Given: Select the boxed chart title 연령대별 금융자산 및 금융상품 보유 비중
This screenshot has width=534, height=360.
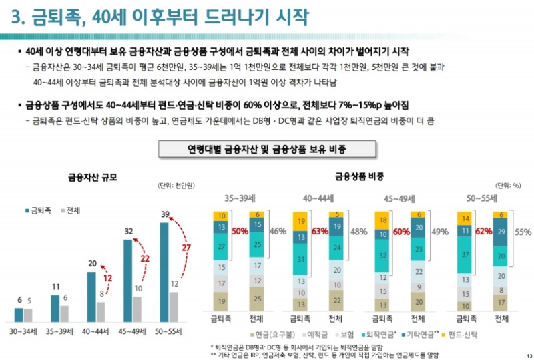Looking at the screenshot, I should [267, 148].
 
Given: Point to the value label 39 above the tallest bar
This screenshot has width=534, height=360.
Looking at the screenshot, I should [165, 214].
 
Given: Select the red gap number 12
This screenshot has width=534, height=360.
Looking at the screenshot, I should [106, 278].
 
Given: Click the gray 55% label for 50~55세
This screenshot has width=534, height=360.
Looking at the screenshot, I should [523, 232].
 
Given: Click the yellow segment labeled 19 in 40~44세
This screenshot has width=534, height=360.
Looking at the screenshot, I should [300, 221].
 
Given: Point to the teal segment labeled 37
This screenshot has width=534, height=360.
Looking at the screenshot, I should [463, 254].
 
